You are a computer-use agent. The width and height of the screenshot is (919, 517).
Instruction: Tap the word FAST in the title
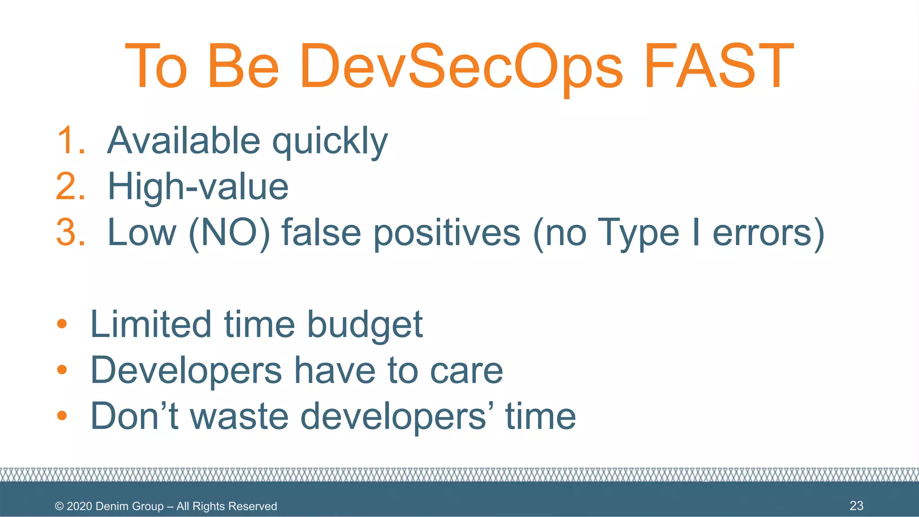pyautogui.click(x=719, y=66)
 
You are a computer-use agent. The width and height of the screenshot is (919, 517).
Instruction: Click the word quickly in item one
pyautogui.click(x=330, y=143)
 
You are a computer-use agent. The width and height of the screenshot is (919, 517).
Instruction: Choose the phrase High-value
pyautogui.click(x=198, y=187)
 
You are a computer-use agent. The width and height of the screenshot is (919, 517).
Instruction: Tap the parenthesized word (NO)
pyautogui.click(x=229, y=233)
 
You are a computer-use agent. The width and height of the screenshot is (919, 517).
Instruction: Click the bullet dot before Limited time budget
pyautogui.click(x=62, y=324)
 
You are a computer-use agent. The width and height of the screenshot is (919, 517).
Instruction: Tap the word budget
pyautogui.click(x=365, y=325)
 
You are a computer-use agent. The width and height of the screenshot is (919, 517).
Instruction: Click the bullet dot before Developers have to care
pyautogui.click(x=62, y=370)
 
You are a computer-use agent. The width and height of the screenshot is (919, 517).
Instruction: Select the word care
pyautogui.click(x=466, y=372)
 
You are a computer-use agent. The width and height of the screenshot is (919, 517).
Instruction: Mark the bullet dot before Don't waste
pyautogui.click(x=62, y=416)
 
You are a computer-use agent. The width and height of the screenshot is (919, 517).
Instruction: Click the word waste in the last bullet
pyautogui.click(x=239, y=416)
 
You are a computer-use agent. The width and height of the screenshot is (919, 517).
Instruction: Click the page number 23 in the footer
pyautogui.click(x=856, y=506)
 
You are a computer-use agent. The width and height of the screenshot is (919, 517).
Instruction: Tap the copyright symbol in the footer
pyautogui.click(x=59, y=506)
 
